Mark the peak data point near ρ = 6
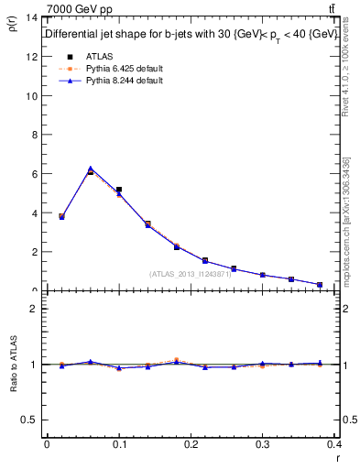point(90,170)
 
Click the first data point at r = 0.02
point(61,216)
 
